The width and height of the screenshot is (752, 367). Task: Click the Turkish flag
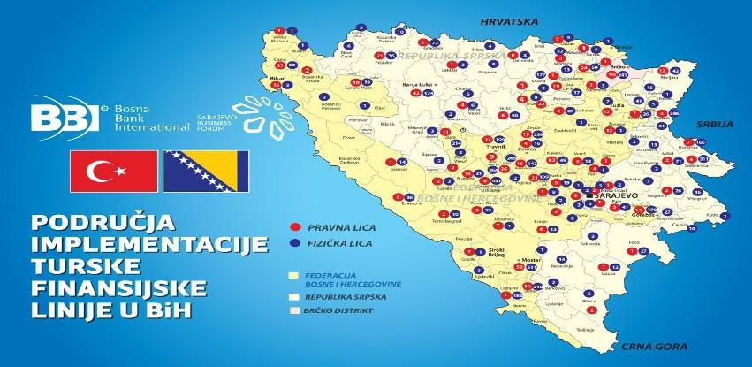tap(107, 170)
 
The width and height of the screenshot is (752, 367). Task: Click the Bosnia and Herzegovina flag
tap(205, 170)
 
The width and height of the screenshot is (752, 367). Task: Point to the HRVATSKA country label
tap(502, 19)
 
